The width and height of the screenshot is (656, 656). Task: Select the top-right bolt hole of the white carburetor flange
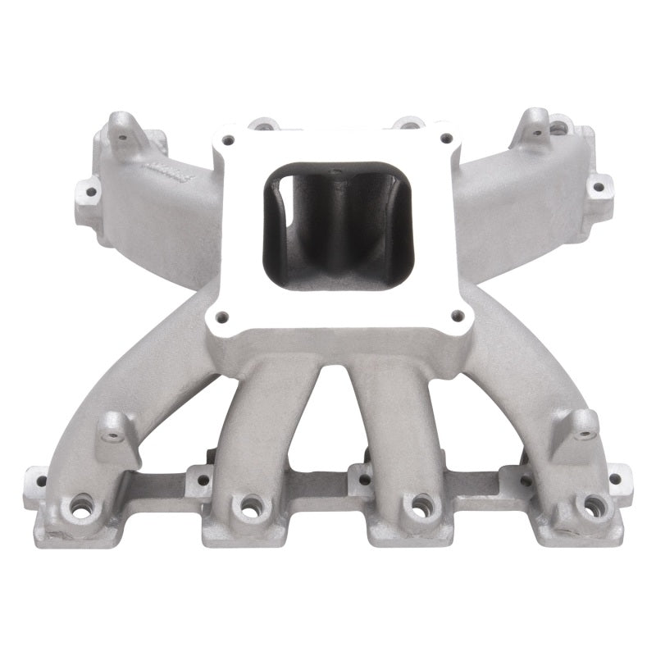tap(445, 139)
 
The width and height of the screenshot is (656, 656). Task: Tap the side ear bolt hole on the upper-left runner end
tap(87, 191)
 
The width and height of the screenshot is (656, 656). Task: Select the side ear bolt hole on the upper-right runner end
tap(598, 186)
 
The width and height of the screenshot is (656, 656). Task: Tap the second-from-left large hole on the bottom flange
tap(244, 504)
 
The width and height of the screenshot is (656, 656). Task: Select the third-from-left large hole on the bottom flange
tap(419, 504)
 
